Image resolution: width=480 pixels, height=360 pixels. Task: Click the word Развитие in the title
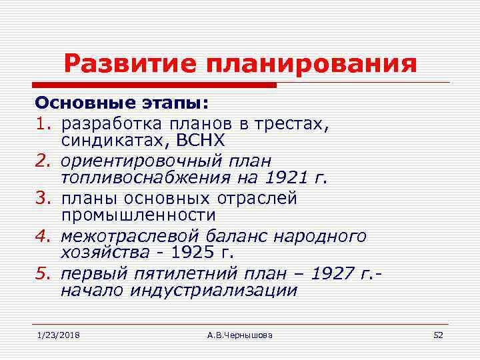point(131,65)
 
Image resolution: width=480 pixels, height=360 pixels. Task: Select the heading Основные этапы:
point(121,105)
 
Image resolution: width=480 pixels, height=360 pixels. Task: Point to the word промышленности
point(138,216)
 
